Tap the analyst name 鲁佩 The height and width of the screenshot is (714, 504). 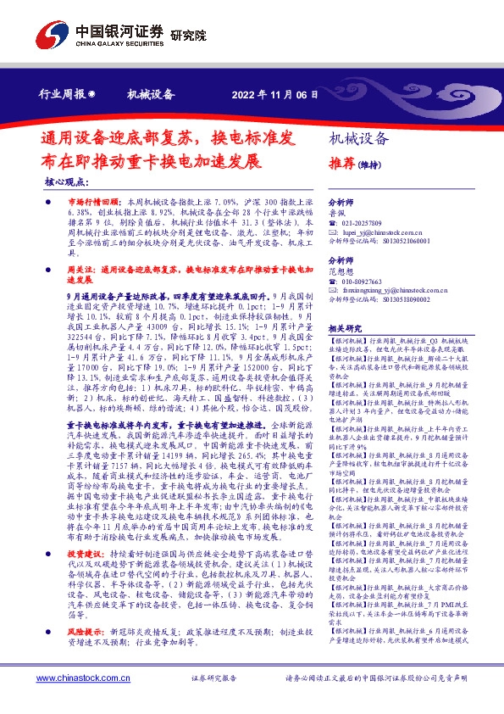click(x=338, y=215)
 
